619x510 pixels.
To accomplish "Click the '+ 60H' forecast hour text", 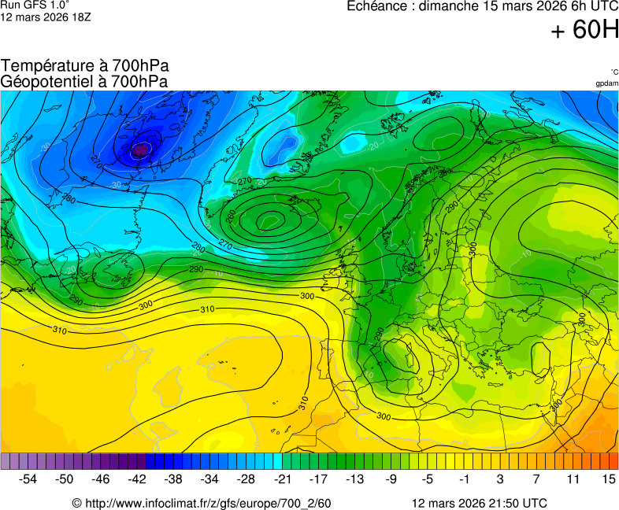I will (584, 31).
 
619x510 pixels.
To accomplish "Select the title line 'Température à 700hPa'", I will (84, 66).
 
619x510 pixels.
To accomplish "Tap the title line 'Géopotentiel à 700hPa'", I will (84, 81).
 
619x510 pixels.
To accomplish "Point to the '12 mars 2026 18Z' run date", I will (45, 17).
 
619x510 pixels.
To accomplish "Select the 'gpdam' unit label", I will (606, 83).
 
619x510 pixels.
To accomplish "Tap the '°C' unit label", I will (613, 72).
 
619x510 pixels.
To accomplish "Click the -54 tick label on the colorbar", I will (28, 479).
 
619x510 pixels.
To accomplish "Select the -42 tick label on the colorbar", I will (137, 479).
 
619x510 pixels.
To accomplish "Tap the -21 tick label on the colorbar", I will (282, 479).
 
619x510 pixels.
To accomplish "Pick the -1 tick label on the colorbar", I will (464, 479).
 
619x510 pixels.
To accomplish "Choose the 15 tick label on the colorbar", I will (608, 479).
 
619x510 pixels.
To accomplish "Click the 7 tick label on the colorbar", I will (536, 479).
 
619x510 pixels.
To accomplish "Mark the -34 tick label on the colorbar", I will (209, 479).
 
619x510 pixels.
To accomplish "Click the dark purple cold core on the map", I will (141, 148).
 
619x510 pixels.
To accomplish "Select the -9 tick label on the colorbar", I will (391, 479).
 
